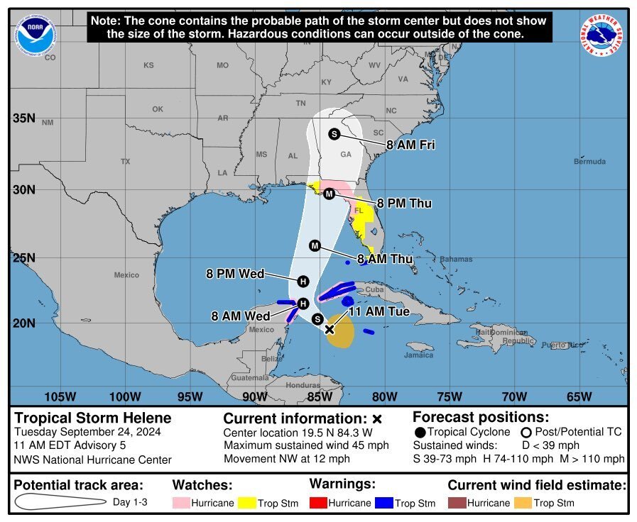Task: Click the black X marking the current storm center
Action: (330, 329)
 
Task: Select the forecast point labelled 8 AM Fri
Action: (334, 134)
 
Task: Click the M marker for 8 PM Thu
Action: (329, 194)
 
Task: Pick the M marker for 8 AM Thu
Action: (315, 245)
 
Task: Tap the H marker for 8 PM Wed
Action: (303, 280)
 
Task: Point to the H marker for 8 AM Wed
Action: (303, 304)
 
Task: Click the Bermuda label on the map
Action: (590, 162)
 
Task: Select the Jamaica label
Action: (419, 355)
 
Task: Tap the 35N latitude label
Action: (23, 118)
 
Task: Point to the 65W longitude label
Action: (579, 396)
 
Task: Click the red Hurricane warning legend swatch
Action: (321, 504)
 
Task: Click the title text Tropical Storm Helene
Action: (93, 418)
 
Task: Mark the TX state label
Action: (126, 162)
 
